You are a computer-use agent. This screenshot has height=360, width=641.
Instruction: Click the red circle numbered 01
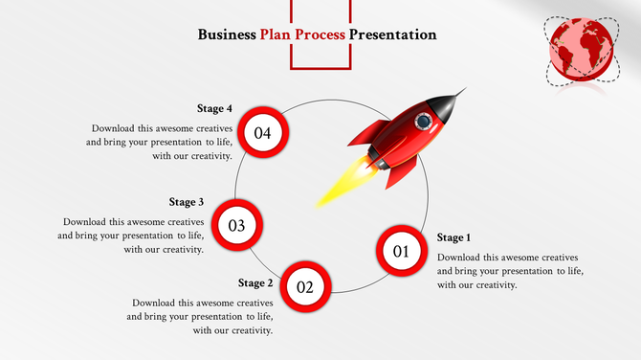(x=400, y=252)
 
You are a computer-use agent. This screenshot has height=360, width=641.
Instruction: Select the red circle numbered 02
(x=304, y=286)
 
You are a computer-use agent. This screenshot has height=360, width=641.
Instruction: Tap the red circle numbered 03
(x=237, y=226)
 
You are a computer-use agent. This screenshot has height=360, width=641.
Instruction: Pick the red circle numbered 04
(x=261, y=133)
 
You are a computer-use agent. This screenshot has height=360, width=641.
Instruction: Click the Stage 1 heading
(x=453, y=237)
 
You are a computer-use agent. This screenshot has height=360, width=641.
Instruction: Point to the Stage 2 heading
(x=255, y=283)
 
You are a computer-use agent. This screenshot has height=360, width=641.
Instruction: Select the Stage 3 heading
(x=187, y=202)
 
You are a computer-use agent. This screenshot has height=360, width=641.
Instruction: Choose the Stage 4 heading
(x=214, y=109)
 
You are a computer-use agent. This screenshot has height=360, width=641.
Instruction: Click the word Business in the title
(x=226, y=34)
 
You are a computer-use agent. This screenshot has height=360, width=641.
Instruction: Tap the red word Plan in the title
(x=276, y=34)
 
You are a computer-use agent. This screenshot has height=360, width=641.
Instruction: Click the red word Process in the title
(x=320, y=34)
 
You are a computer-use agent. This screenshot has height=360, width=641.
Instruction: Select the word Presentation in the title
(x=392, y=34)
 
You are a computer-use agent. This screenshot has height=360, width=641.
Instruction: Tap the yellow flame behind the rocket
(x=340, y=186)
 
